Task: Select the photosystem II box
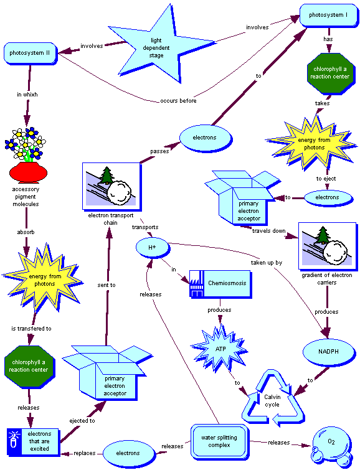(31, 54)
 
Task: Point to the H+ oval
(151, 248)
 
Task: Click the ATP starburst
(220, 348)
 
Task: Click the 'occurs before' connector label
(179, 100)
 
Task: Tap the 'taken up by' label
(266, 263)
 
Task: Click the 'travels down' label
(268, 230)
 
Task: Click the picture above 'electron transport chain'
(110, 185)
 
